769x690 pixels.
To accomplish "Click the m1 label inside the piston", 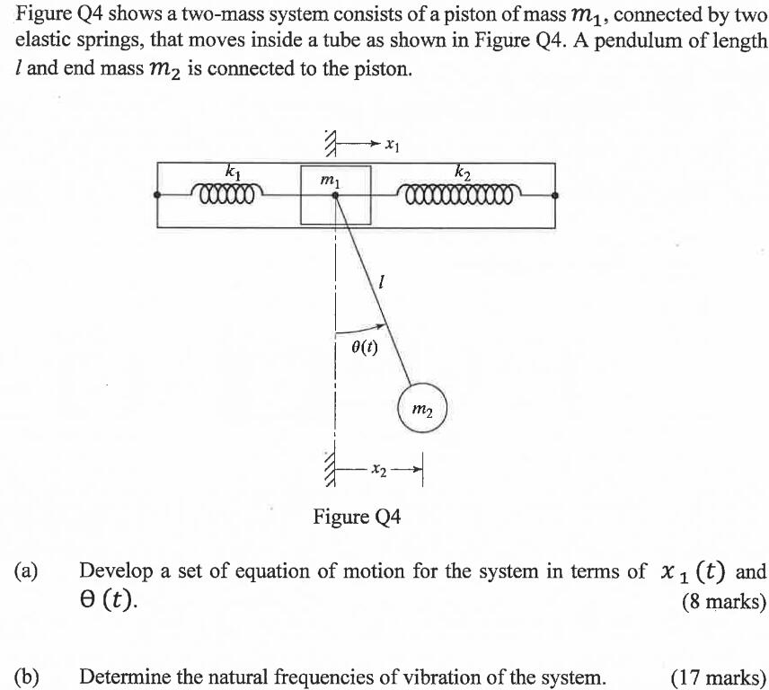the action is [x=330, y=181].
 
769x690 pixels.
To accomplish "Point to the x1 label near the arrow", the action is [x=391, y=143].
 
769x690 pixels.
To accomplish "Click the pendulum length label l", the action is [x=383, y=282].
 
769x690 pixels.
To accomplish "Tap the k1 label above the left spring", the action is [x=233, y=171].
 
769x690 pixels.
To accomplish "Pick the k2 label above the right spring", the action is [x=463, y=171].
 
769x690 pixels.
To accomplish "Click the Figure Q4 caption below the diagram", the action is [x=357, y=517].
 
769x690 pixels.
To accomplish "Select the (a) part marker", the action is [x=26, y=571].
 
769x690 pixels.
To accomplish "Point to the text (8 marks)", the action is [x=724, y=601].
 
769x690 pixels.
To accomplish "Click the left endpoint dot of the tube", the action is [x=158, y=193].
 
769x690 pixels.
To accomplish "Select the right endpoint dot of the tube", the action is [x=554, y=193].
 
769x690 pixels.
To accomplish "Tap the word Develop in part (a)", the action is [x=111, y=571].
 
